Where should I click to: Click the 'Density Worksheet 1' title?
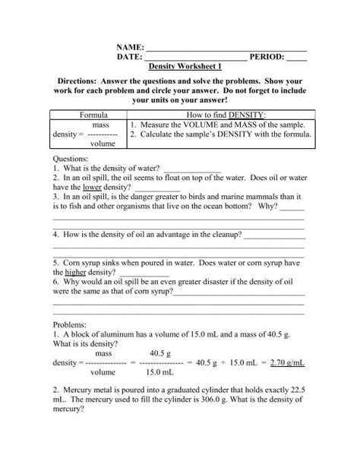tap(181, 67)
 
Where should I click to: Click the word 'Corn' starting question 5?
tap(73, 261)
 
